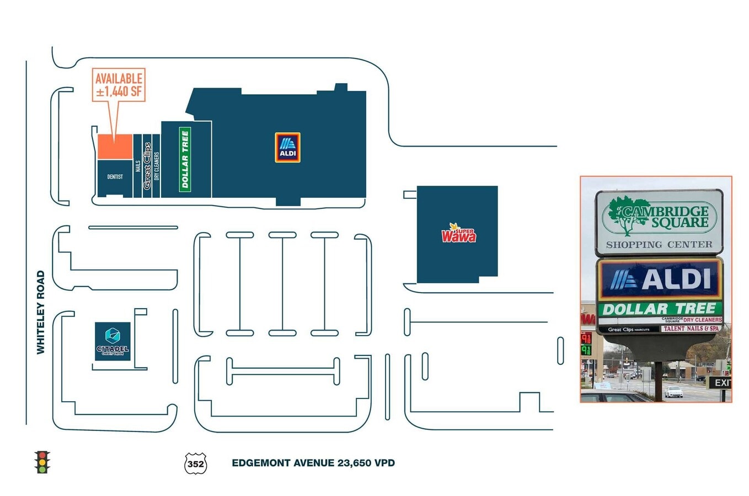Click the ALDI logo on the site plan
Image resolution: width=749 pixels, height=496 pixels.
287,148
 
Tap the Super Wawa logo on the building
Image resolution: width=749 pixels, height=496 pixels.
458,234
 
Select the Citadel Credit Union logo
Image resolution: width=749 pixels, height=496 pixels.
113,341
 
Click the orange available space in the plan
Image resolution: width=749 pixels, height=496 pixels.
115,147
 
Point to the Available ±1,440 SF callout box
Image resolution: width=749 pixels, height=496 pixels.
119,85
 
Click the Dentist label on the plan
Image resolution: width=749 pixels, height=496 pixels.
115,177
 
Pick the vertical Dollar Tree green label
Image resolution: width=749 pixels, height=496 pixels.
185,159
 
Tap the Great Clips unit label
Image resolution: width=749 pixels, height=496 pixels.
147,166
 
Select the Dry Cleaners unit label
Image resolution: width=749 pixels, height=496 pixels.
157,166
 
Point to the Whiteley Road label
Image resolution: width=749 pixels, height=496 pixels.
40,312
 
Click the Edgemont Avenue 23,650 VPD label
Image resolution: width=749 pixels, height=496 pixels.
313,463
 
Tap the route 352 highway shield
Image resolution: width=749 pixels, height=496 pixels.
195,463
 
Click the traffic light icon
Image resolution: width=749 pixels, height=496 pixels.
42,462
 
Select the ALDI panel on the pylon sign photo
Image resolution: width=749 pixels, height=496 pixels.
660,279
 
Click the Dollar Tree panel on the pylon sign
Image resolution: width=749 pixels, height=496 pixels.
660,309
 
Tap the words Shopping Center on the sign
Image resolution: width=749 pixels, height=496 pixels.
659,244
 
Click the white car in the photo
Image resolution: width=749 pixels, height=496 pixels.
673,392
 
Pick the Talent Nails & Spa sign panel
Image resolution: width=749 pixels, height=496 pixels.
691,328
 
